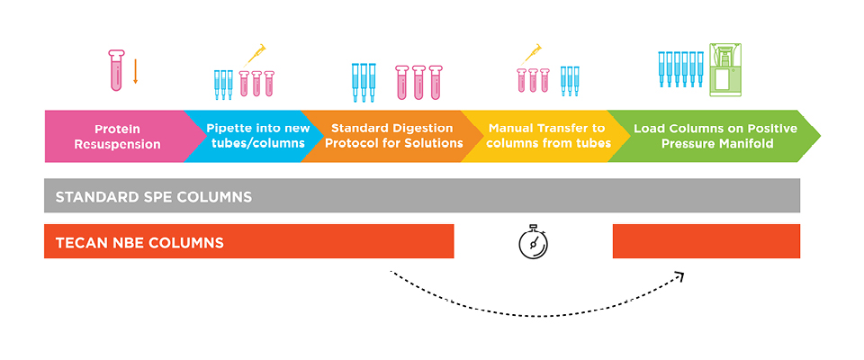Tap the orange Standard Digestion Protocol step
click(x=387, y=136)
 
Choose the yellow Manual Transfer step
click(x=540, y=136)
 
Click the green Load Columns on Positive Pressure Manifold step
click(x=711, y=136)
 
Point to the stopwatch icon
click(x=534, y=242)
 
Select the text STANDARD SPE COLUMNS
click(x=154, y=196)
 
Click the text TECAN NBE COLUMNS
click(x=139, y=242)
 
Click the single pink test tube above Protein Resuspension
click(x=115, y=71)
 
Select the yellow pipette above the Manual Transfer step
click(x=532, y=54)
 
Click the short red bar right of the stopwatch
click(x=706, y=241)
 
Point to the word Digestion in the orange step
click(x=422, y=128)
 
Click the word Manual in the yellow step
click(x=509, y=128)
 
